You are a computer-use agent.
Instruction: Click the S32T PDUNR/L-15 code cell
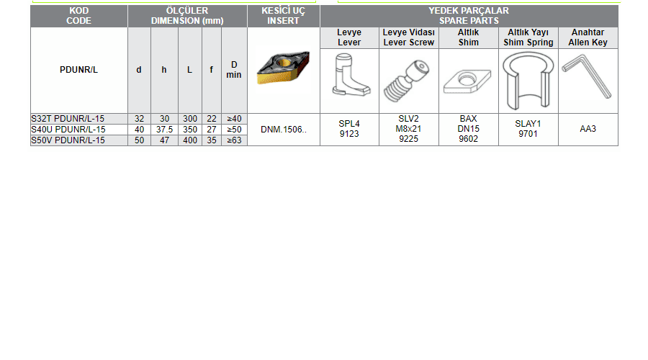[x=68, y=119]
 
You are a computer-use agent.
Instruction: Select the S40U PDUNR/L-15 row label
[x=68, y=130]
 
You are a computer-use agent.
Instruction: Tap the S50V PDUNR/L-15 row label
[x=68, y=140]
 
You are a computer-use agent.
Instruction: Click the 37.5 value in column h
[x=164, y=130]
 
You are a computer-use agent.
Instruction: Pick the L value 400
[x=190, y=140]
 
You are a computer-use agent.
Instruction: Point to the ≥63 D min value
[x=234, y=140]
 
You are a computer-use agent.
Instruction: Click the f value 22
[x=212, y=119]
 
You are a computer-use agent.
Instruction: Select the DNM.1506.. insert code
[x=284, y=130]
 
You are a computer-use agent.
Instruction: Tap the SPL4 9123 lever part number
[x=349, y=129]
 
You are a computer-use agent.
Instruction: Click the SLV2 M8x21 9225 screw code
[x=409, y=129]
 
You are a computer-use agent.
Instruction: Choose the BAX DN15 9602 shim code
[x=468, y=129]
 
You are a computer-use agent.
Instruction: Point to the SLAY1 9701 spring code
[x=528, y=129]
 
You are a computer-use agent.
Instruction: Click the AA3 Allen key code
[x=588, y=129]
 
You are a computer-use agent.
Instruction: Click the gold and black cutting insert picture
[x=283, y=68]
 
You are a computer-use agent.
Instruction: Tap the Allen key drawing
[x=586, y=77]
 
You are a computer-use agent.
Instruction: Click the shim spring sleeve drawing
[x=528, y=80]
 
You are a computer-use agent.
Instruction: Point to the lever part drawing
[x=350, y=75]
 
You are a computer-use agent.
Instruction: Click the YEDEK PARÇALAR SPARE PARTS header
[x=469, y=16]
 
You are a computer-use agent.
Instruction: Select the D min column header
[x=234, y=70]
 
